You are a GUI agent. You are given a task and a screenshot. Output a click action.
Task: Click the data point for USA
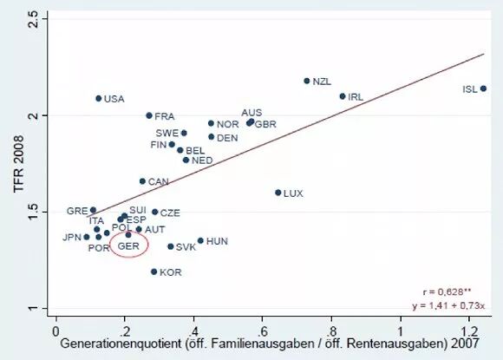pyautogui.click(x=99, y=99)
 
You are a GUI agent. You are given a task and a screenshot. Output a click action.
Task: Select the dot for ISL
pyautogui.click(x=483, y=88)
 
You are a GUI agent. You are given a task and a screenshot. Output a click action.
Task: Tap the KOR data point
pyautogui.click(x=154, y=272)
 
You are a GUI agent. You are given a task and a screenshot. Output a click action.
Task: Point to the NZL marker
pyautogui.click(x=307, y=81)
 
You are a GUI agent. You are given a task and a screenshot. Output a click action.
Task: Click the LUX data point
pyautogui.click(x=278, y=193)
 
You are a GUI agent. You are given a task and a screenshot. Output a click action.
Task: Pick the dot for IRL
pyautogui.click(x=343, y=96)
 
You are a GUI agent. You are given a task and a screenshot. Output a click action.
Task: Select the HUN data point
pyautogui.click(x=200, y=240)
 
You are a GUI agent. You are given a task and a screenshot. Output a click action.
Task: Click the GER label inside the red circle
pyautogui.click(x=128, y=246)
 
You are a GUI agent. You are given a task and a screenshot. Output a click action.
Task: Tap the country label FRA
pyautogui.click(x=165, y=116)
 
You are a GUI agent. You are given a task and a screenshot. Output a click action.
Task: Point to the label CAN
pyautogui.click(x=158, y=182)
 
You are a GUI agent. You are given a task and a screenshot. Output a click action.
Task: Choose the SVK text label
pyautogui.click(x=186, y=247)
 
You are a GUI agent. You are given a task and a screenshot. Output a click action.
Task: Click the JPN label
pyautogui.click(x=71, y=238)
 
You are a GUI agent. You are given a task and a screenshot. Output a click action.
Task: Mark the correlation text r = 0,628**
pyautogui.click(x=447, y=292)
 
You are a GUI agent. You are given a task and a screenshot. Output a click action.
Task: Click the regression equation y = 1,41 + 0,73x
pyautogui.click(x=448, y=305)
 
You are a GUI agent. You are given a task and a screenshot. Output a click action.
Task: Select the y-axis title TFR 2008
pyautogui.click(x=19, y=164)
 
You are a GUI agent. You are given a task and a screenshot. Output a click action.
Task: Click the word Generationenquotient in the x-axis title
pyautogui.click(x=121, y=344)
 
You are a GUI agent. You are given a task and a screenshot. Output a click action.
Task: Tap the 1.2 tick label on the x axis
pyautogui.click(x=469, y=331)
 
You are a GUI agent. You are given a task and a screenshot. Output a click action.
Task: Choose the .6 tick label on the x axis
pyautogui.click(x=262, y=331)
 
